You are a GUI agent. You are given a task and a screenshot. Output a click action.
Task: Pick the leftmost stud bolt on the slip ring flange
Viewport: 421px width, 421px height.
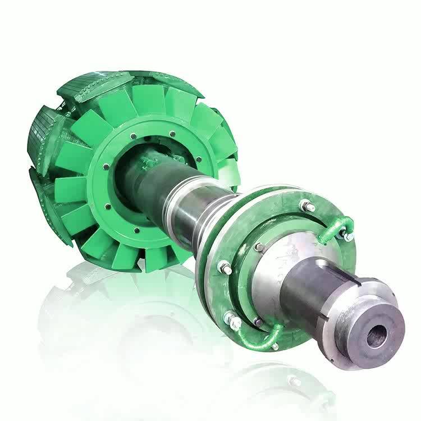coord(226,268)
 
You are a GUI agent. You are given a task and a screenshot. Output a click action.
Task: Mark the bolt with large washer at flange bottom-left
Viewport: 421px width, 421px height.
coord(232,322)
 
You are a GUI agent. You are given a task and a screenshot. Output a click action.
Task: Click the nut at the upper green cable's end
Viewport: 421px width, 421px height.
coord(348,236)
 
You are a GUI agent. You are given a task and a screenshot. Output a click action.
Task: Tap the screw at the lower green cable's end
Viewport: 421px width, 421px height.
coord(274,346)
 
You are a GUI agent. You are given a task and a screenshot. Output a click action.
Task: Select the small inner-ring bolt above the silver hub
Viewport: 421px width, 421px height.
coord(259,246)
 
